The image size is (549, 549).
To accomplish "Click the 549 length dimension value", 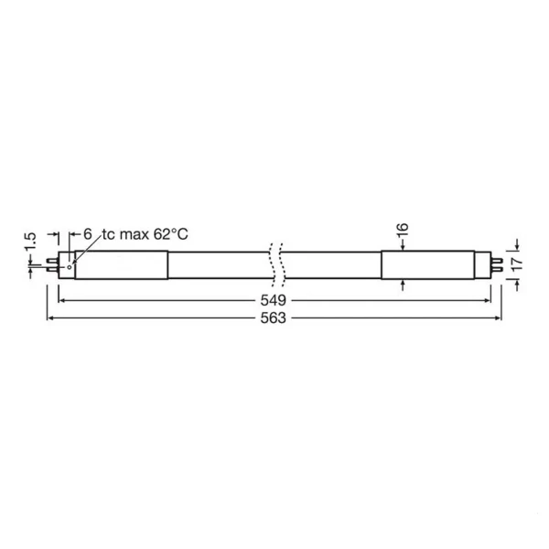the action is [x=273, y=300].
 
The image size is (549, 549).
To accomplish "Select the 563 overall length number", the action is [x=273, y=318].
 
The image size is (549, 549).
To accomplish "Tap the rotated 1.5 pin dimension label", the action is [x=30, y=242].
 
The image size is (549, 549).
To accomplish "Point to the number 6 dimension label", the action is [x=88, y=234].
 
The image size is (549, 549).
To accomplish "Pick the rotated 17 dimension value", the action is [x=517, y=264].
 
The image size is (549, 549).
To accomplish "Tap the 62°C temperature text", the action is [x=171, y=234].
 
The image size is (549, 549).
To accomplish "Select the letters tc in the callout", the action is [x=109, y=234].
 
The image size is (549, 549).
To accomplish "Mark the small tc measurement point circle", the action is [x=70, y=267].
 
